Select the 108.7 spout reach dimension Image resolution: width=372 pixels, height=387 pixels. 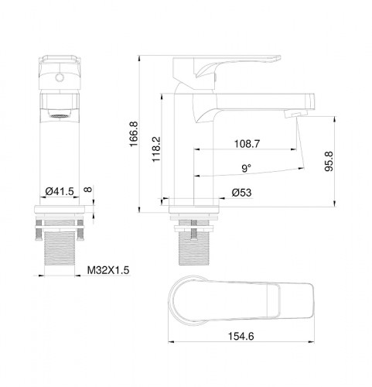click(x=246, y=144)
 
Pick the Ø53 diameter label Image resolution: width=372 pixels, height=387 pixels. click(x=241, y=193)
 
